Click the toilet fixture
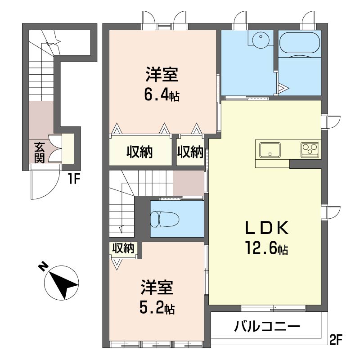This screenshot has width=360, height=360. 164,219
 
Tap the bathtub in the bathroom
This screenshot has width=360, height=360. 299,44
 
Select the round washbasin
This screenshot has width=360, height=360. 261,40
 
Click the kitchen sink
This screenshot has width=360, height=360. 270,150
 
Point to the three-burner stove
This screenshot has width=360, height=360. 310,150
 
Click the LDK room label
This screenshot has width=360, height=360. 267,228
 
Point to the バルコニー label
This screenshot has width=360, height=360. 267,326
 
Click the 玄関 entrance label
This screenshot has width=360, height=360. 39,153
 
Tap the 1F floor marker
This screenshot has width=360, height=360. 73,179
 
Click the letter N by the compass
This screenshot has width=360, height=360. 43,267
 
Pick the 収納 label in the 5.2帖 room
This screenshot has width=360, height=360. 123,248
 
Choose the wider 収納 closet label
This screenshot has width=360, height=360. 139,152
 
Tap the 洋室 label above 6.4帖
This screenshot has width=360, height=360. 162,74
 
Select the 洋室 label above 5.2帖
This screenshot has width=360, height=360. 157,287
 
